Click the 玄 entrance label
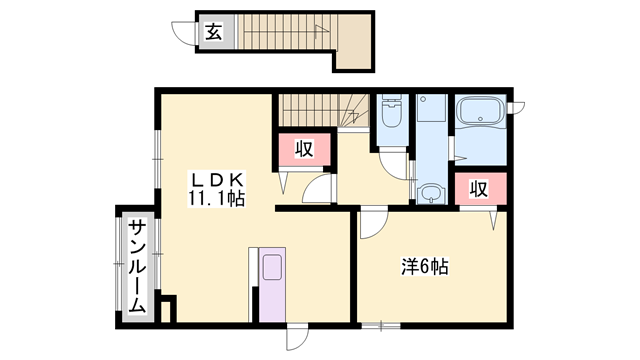tap(213, 32)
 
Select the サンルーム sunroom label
tap(136, 264)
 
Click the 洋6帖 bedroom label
tap(425, 267)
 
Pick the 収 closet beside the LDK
tap(303, 151)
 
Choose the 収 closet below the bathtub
tap(480, 189)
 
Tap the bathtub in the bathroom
tap(481, 113)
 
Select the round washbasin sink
tap(431, 193)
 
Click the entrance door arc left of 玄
tap(184, 34)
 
